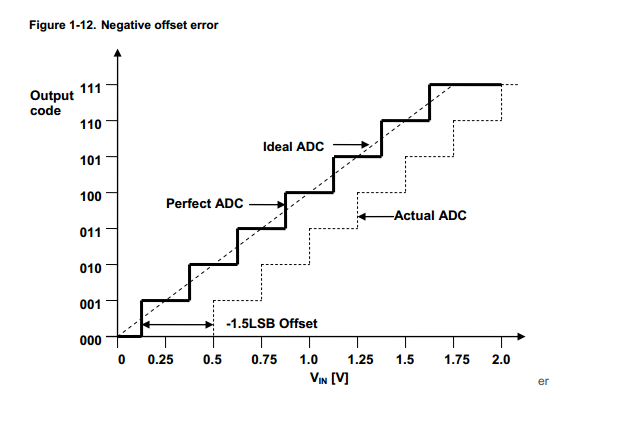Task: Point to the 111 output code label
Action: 90,85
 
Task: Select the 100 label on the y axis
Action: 90,193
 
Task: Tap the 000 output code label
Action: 90,339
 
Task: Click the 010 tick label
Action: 90,266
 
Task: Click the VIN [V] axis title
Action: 329,380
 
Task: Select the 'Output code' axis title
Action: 52,102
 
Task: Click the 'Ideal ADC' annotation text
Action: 293,146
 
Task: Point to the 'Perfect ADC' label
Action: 204,204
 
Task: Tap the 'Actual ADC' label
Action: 430,215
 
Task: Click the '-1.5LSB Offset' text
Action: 271,323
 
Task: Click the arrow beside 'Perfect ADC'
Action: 266,204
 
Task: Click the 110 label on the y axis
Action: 90,121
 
